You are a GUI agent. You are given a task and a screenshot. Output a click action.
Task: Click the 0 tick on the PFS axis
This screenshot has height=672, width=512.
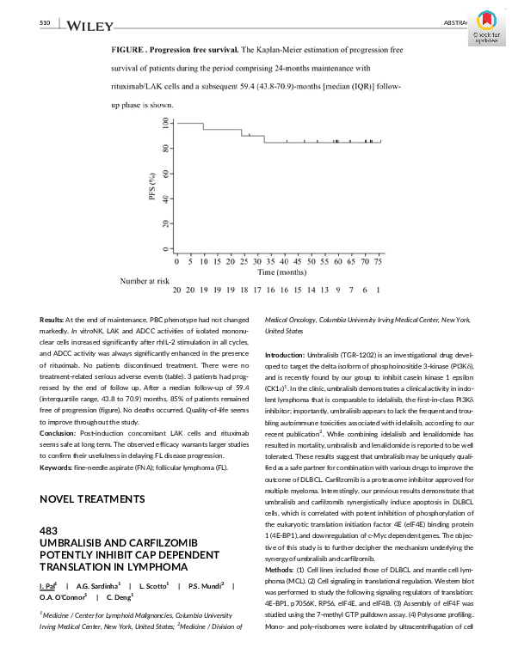click(x=166, y=249)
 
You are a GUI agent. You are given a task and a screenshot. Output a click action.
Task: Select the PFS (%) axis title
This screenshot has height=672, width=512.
click(x=152, y=186)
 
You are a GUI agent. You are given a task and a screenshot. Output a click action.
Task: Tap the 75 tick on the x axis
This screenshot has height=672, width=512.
click(x=379, y=260)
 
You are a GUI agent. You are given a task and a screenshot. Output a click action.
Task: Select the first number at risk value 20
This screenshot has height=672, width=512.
click(x=177, y=291)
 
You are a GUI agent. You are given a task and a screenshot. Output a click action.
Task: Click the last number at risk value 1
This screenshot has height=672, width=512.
click(x=378, y=291)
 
